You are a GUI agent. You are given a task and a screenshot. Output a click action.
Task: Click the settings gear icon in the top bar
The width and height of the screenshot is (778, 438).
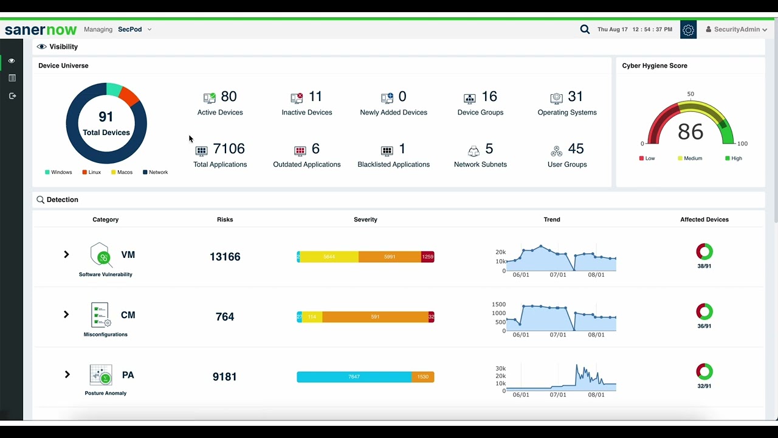coord(688,30)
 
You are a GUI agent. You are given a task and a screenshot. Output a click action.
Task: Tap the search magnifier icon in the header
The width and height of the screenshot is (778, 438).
coord(585,30)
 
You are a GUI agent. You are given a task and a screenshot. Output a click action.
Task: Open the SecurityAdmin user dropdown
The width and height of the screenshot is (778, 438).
coord(736,30)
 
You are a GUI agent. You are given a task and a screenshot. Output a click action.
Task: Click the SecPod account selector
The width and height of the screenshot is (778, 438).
coord(135,30)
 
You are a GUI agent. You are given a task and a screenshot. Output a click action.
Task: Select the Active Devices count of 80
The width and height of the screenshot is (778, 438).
coord(229,96)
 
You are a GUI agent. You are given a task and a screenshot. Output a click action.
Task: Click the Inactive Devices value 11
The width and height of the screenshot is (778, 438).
coord(315,96)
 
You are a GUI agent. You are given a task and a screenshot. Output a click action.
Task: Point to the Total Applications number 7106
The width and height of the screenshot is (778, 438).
coord(229,148)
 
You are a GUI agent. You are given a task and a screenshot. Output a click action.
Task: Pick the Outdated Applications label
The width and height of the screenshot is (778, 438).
coord(307,164)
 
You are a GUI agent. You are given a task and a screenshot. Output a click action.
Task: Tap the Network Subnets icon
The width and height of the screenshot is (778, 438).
coord(473,151)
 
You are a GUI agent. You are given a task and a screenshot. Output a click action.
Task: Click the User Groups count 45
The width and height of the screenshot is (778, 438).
coord(576,148)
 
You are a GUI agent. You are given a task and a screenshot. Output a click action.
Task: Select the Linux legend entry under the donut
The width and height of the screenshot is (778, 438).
coord(92,172)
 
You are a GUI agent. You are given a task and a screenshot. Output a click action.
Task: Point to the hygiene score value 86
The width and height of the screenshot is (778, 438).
coord(690,132)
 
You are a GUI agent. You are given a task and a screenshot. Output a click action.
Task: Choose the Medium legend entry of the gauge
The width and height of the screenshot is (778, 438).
coord(690,158)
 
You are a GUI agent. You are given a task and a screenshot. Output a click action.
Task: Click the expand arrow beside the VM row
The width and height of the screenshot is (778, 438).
coord(66,254)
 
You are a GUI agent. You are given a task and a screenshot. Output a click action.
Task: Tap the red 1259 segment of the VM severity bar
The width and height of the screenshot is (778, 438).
coord(427,257)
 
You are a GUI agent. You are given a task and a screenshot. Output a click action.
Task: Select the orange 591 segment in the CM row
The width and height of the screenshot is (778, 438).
coord(376,317)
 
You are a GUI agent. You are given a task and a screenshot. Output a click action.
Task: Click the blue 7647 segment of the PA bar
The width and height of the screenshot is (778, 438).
coord(354,377)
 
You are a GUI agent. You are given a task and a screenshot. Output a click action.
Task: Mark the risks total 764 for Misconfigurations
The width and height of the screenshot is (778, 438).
coord(225,317)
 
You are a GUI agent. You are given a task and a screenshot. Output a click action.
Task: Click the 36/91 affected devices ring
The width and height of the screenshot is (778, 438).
coord(704,311)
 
